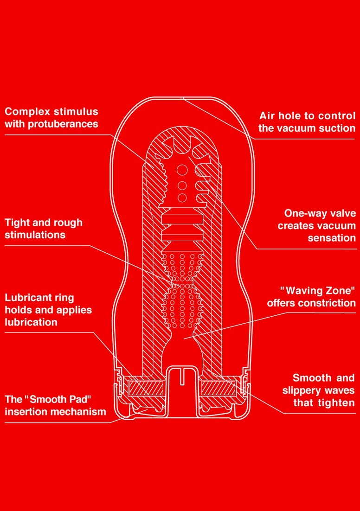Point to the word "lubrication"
[x=31, y=322]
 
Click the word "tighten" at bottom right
[x=336, y=402]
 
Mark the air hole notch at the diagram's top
[x=182, y=98]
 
